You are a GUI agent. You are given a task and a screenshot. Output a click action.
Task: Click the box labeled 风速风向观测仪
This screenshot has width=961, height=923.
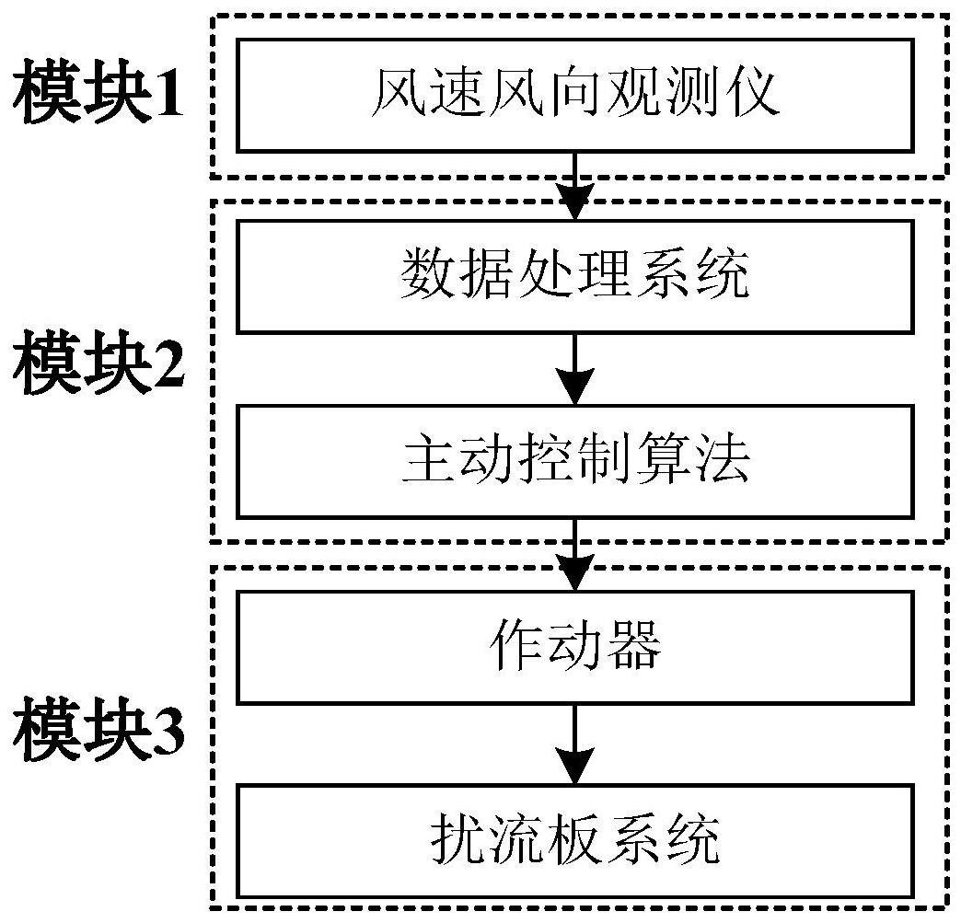pyautogui.click(x=575, y=95)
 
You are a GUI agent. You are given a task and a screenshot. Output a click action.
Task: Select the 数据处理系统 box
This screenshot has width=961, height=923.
pyautogui.click(x=575, y=276)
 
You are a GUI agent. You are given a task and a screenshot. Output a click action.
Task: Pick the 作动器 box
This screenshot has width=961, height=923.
pyautogui.click(x=575, y=648)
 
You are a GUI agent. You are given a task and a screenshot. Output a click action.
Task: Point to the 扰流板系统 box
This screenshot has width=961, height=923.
pyautogui.click(x=575, y=839)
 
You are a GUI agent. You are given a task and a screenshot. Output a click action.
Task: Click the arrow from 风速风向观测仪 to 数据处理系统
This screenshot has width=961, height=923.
pyautogui.click(x=575, y=187)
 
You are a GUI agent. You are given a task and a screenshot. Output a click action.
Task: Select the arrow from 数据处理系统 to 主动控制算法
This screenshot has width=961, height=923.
pyautogui.click(x=575, y=370)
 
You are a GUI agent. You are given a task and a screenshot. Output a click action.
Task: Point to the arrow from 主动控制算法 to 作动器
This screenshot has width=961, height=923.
pyautogui.click(x=575, y=556)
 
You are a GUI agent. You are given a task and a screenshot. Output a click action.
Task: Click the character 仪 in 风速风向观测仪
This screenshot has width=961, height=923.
pyautogui.click(x=757, y=94)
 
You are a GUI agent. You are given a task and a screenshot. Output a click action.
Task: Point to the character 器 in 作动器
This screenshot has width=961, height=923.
pyautogui.click(x=636, y=648)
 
